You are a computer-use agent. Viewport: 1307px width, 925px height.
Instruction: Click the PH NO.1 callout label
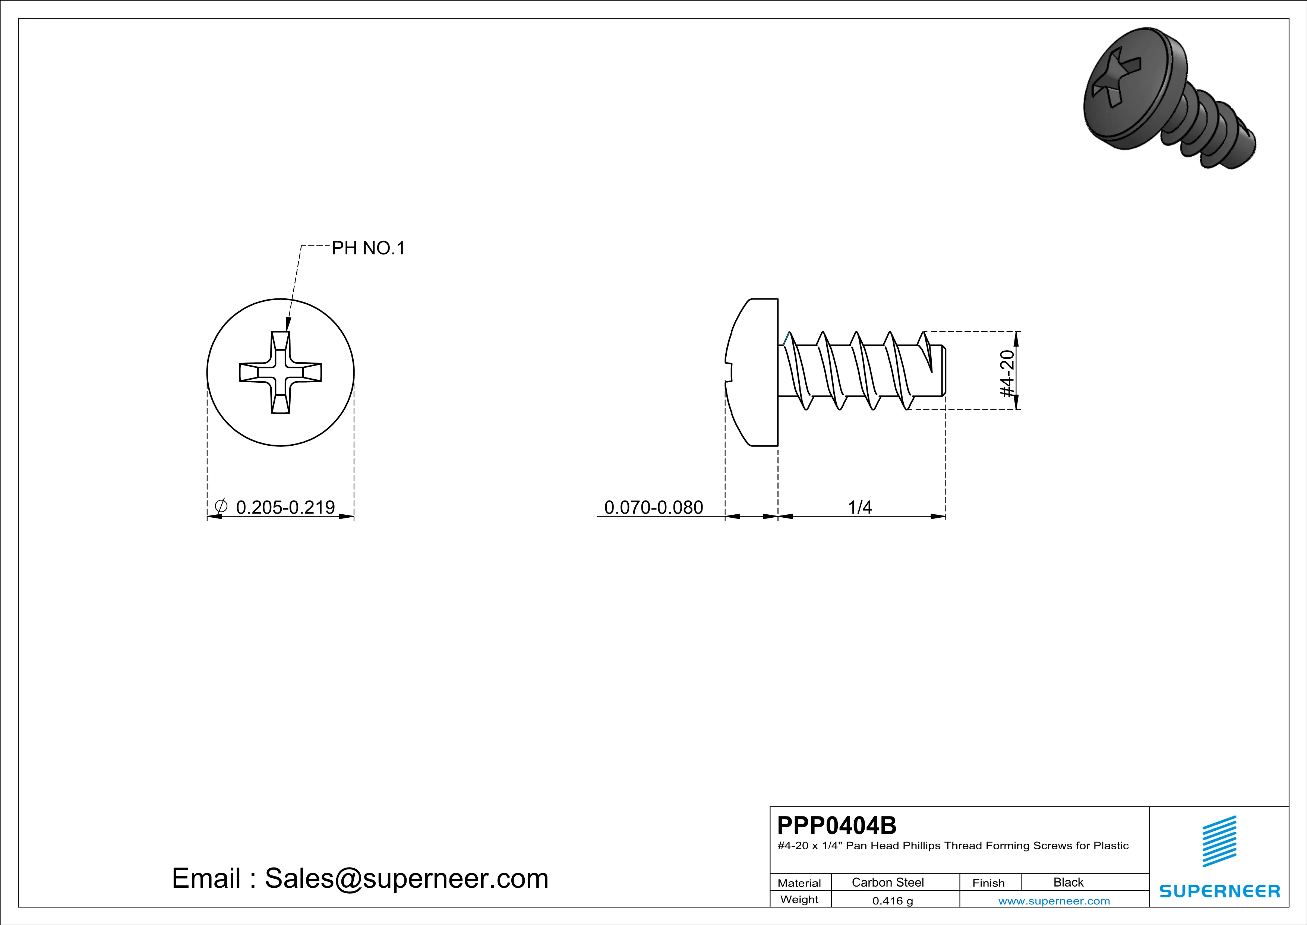(x=368, y=248)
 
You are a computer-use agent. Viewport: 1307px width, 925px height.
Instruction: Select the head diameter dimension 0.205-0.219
(x=285, y=507)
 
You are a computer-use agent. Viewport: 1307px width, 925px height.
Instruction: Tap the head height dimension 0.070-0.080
(x=654, y=507)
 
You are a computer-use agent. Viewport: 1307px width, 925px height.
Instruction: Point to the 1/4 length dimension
(x=859, y=507)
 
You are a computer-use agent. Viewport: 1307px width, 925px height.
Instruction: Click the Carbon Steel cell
(x=887, y=882)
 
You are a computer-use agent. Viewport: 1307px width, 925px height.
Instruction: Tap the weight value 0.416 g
(x=893, y=900)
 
